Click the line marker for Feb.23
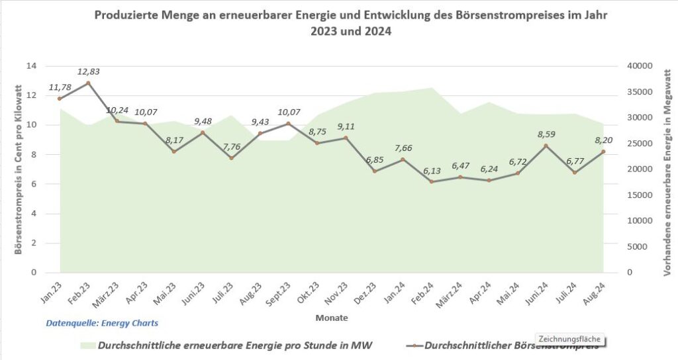pos(88,83)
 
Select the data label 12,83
pos(88,71)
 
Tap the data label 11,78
pos(60,87)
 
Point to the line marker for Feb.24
pos(432,181)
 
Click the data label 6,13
pos(432,171)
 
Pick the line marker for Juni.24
pos(546,146)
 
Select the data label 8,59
pos(546,134)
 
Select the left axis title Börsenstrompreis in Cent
pos(19,169)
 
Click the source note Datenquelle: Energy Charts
pos(102,324)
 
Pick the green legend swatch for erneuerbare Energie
pos(86,345)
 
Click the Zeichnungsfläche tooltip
pos(570,339)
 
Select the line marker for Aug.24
pos(603,152)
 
